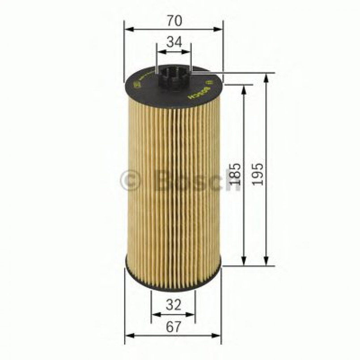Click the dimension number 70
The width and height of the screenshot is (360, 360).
[x=173, y=20]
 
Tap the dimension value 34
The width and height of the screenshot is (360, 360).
[x=174, y=42]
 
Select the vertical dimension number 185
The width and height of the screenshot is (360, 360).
[x=236, y=174]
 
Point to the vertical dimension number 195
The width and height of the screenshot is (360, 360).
[x=258, y=174]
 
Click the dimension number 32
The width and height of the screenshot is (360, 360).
[x=173, y=305]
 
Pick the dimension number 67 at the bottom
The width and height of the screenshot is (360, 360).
[x=173, y=327]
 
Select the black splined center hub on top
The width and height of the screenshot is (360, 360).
[x=174, y=79]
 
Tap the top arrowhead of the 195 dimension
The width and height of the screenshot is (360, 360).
[x=267, y=78]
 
